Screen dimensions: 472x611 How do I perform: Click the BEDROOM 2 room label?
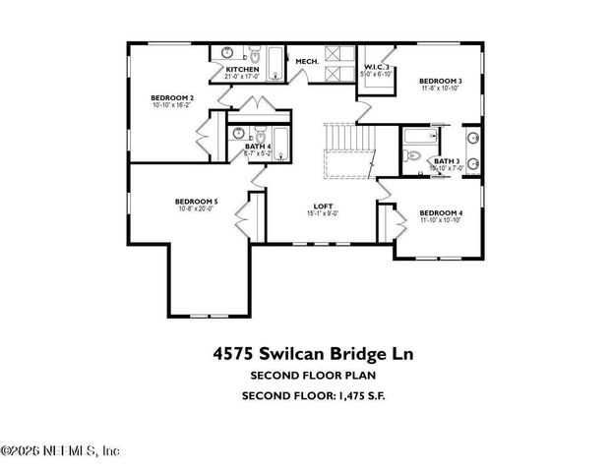click(171, 97)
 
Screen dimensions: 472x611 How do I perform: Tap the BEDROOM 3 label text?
click(440, 81)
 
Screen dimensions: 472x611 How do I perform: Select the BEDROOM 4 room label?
click(440, 213)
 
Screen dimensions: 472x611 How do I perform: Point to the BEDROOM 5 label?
click(196, 201)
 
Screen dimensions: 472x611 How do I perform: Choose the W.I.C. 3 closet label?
click(377, 67)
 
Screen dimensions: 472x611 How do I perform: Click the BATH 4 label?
click(258, 147)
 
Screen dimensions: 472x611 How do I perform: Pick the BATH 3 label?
click(446, 161)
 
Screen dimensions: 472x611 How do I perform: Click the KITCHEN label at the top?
click(242, 69)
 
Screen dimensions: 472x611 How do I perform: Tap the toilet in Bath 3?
click(413, 157)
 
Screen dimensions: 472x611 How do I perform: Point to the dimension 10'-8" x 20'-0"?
click(196, 208)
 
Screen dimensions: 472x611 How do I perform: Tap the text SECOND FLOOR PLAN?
click(305, 375)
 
